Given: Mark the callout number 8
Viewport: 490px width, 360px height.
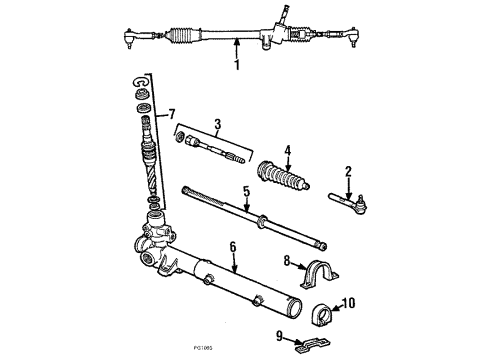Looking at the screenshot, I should [287, 263].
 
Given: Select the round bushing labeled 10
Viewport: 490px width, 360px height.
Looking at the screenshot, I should [323, 305].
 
